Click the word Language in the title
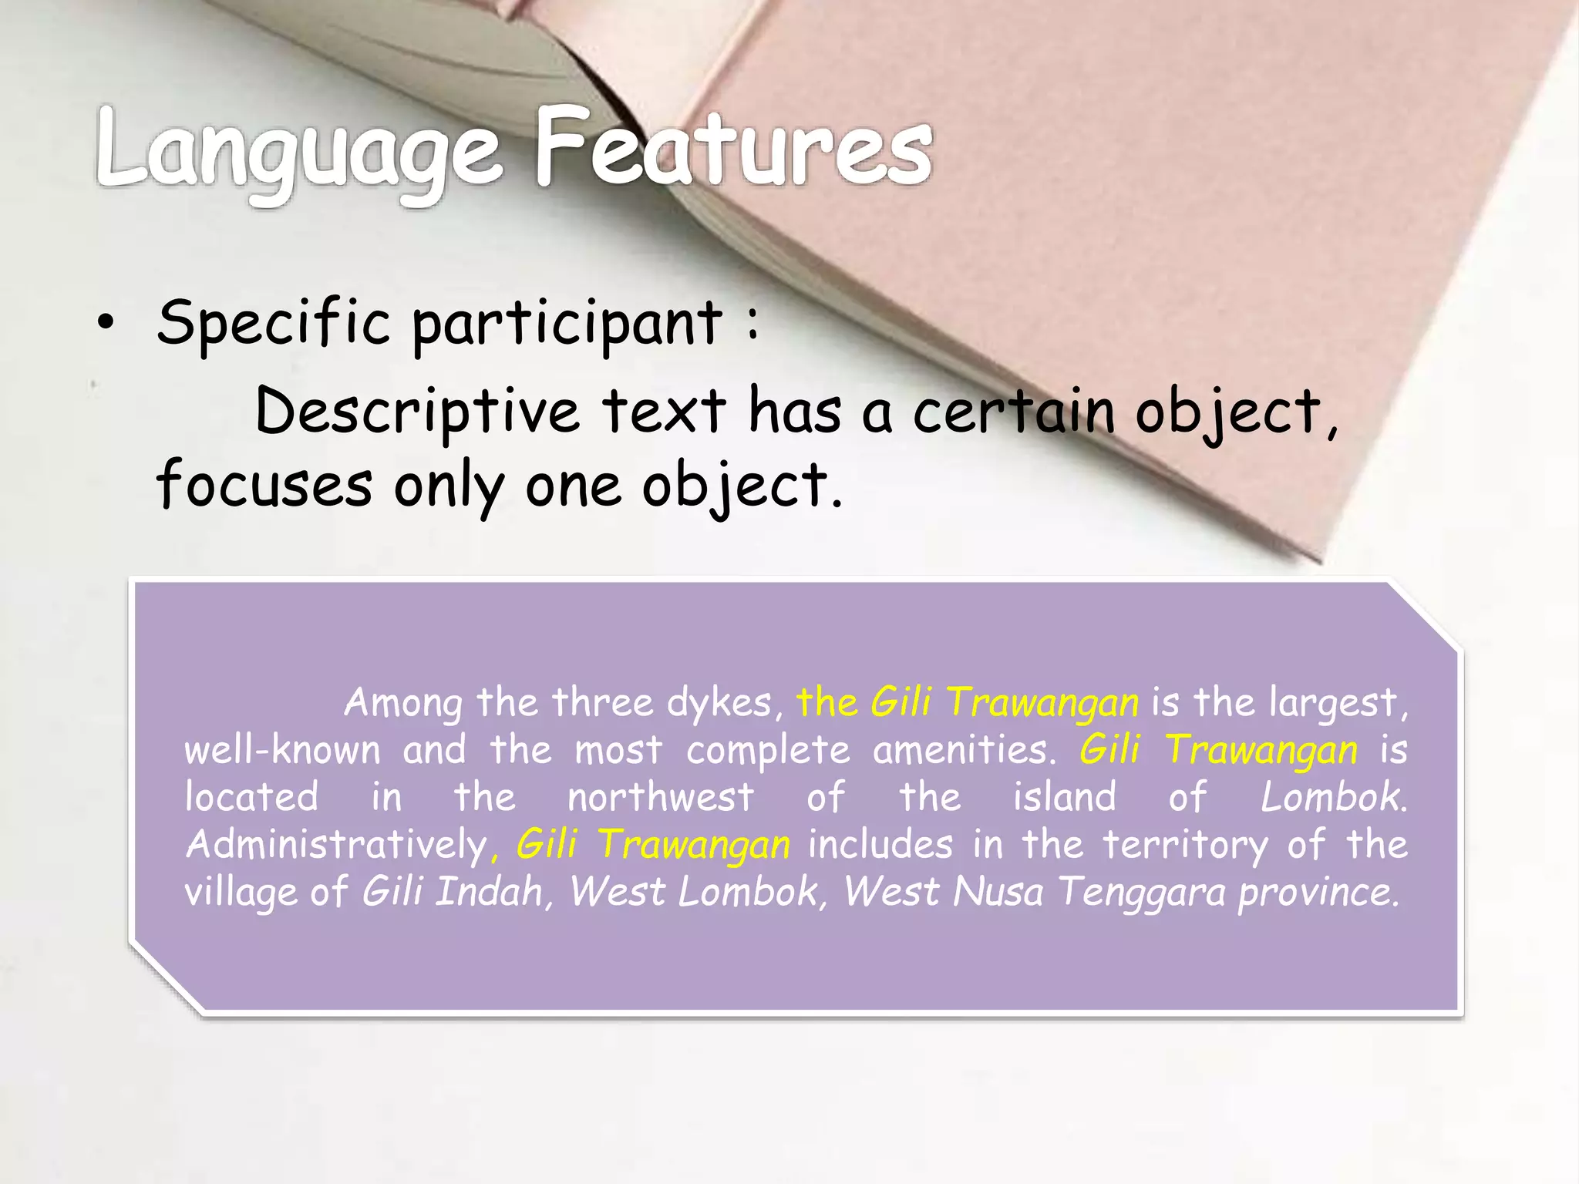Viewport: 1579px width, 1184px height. (x=299, y=150)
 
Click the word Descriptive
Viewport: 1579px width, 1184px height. (x=416, y=412)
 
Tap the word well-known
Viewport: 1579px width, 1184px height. (x=282, y=750)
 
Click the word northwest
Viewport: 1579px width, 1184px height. (x=661, y=797)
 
